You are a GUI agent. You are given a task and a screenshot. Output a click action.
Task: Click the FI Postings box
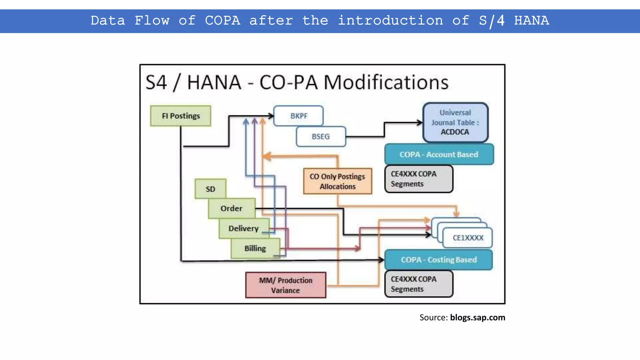pyautogui.click(x=181, y=116)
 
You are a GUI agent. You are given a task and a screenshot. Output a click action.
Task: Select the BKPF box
pyautogui.click(x=298, y=116)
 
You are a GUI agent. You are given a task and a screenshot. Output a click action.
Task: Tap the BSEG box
pyautogui.click(x=321, y=137)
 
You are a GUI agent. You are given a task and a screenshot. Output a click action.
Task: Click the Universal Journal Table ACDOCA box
pyautogui.click(x=455, y=122)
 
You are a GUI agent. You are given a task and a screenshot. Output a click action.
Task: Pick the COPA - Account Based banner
pyautogui.click(x=439, y=154)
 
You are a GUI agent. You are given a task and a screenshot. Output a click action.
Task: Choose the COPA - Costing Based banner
pyautogui.click(x=438, y=260)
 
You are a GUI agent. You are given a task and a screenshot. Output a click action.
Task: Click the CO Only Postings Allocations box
pyautogui.click(x=337, y=181)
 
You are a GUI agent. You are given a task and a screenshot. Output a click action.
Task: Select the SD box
pyautogui.click(x=210, y=189)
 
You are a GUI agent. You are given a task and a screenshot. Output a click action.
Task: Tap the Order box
pyautogui.click(x=232, y=208)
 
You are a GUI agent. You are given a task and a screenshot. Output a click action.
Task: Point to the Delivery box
pyautogui.click(x=243, y=228)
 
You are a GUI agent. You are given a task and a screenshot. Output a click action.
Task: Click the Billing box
pyautogui.click(x=255, y=248)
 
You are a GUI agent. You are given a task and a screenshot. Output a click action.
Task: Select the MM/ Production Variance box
pyautogui.click(x=286, y=285)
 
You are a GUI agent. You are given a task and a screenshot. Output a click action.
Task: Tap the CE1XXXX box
pyautogui.click(x=468, y=238)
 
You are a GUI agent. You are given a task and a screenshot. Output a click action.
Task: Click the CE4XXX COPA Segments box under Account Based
pyautogui.click(x=418, y=179)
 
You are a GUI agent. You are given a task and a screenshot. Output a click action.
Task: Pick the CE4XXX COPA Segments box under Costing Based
pyautogui.click(x=418, y=284)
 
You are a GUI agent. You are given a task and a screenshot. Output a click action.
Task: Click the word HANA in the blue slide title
pyautogui.click(x=532, y=21)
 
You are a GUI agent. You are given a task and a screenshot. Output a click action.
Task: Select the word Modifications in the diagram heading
pyautogui.click(x=386, y=82)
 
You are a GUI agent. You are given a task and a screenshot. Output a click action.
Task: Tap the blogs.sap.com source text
pyautogui.click(x=477, y=317)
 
